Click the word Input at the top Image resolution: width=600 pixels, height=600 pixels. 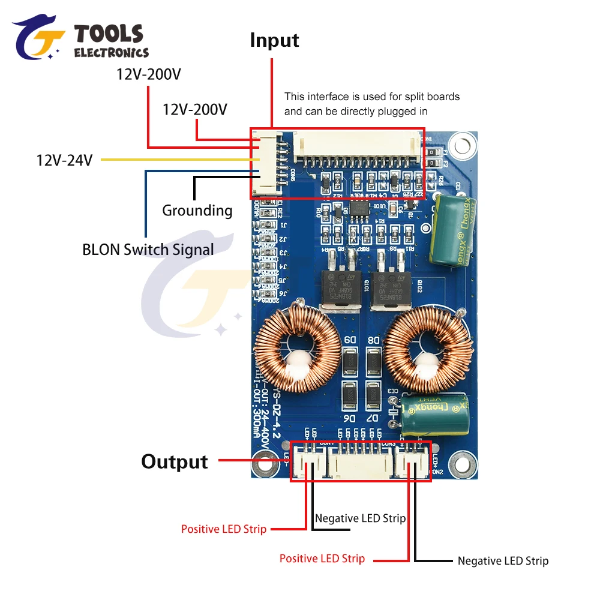pyautogui.click(x=274, y=41)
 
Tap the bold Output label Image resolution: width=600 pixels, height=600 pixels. pyautogui.click(x=175, y=461)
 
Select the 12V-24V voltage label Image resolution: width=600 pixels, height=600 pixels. pyautogui.click(x=64, y=160)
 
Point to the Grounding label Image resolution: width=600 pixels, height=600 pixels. pyautogui.click(x=197, y=211)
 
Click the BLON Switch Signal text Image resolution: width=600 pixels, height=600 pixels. pyautogui.click(x=148, y=249)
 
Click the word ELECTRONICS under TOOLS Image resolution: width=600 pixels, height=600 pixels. pyautogui.click(x=111, y=53)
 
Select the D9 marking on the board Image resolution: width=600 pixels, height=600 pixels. pyautogui.click(x=349, y=340)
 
